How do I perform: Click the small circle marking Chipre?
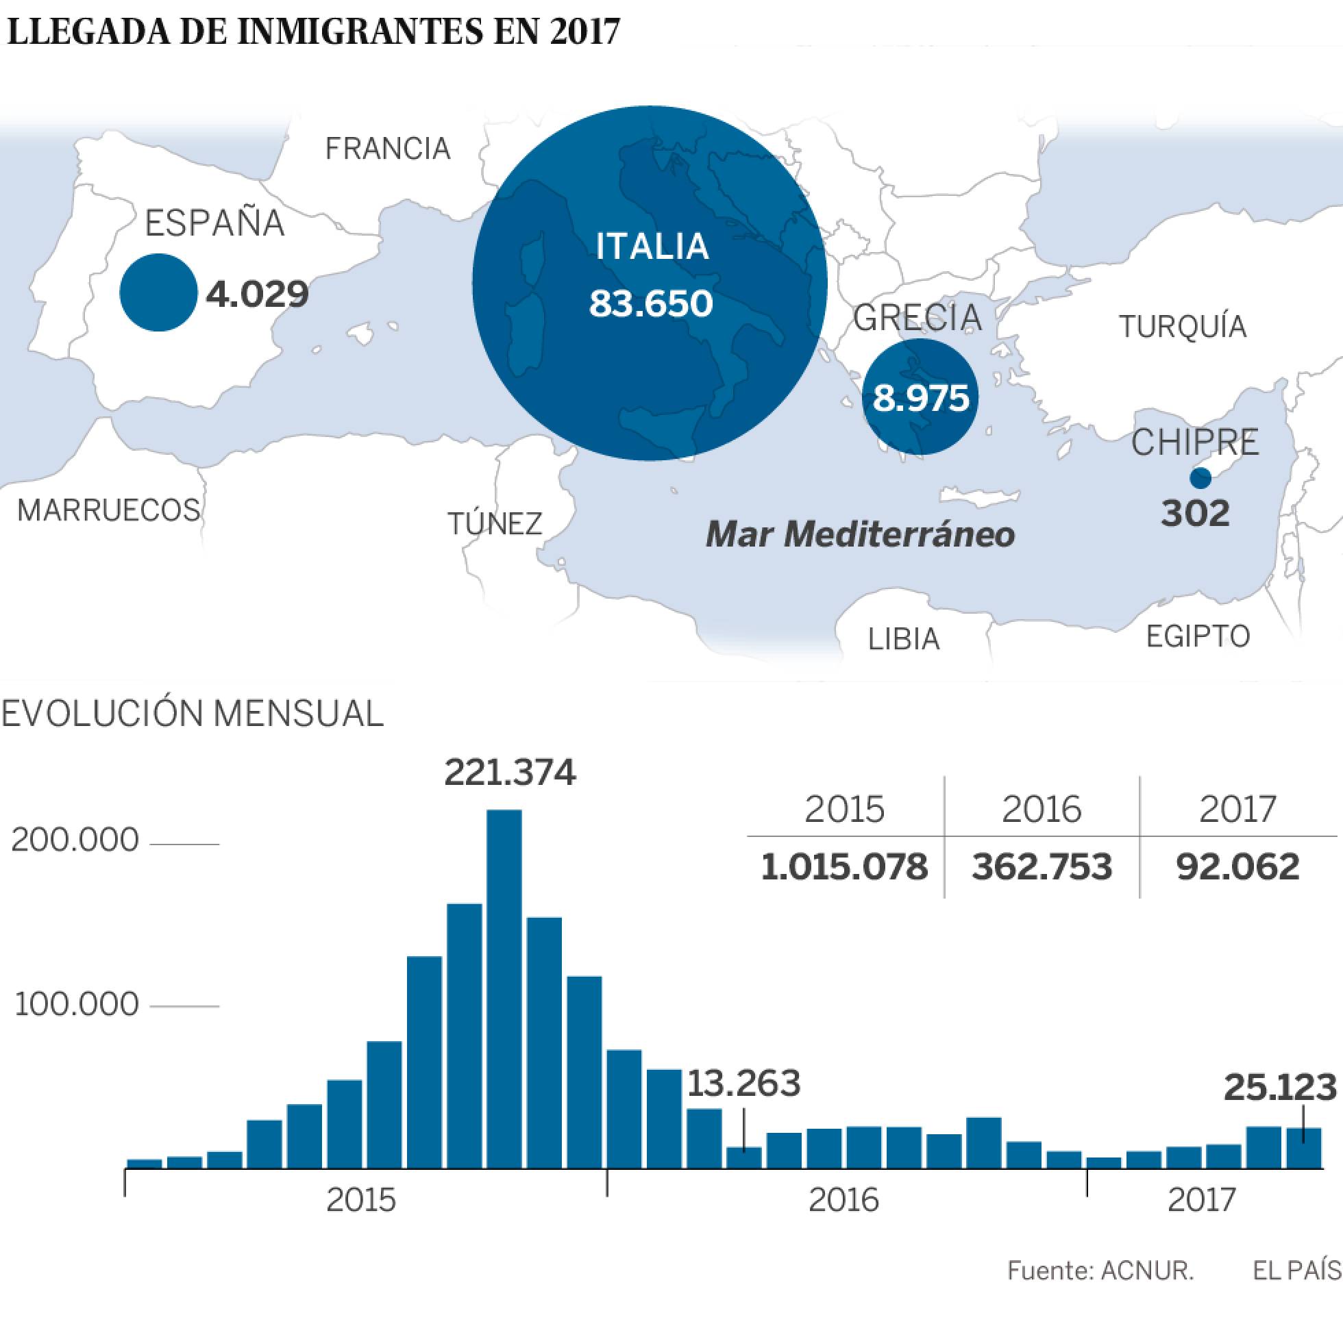point(1200,478)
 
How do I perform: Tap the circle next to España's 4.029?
point(158,292)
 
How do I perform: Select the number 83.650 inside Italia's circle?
point(651,303)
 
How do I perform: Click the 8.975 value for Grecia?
point(920,399)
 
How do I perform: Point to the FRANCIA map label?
point(388,149)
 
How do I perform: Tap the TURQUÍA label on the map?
point(1183,327)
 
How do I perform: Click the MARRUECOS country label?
point(109,511)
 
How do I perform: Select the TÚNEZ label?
point(495,523)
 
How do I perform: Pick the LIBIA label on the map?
point(904,638)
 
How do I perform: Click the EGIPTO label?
point(1198,636)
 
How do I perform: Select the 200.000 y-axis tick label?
point(75,841)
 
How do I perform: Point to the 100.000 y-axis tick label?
point(75,1005)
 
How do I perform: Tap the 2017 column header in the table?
point(1237,810)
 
